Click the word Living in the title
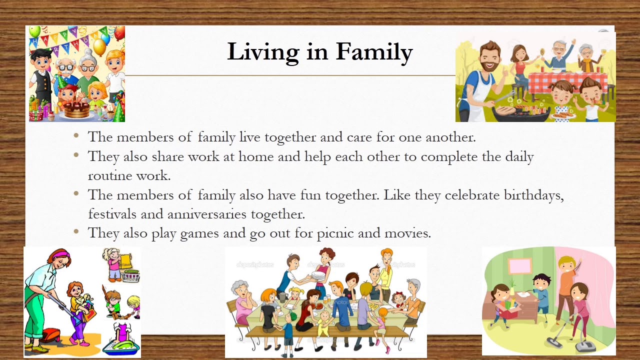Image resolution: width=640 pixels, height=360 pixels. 263,52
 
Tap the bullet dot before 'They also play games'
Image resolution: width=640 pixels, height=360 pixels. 76,231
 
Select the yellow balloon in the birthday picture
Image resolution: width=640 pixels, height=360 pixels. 99,47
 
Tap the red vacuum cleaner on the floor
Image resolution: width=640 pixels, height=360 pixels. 50,335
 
